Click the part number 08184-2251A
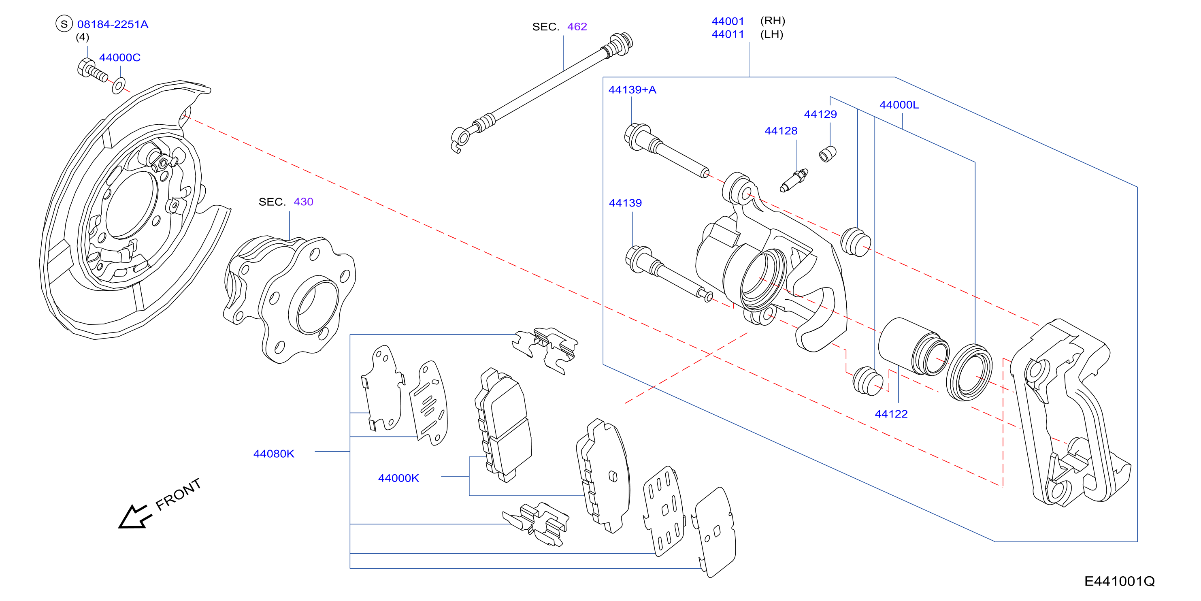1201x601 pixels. (x=113, y=24)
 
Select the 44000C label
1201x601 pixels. (x=120, y=58)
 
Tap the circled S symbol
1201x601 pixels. (x=64, y=24)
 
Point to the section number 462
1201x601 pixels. (x=577, y=27)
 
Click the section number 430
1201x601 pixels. (x=304, y=202)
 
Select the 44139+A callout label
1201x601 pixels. (x=632, y=90)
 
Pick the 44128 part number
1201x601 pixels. (x=781, y=131)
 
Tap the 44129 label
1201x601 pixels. (x=820, y=114)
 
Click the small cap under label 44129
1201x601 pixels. (x=828, y=154)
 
